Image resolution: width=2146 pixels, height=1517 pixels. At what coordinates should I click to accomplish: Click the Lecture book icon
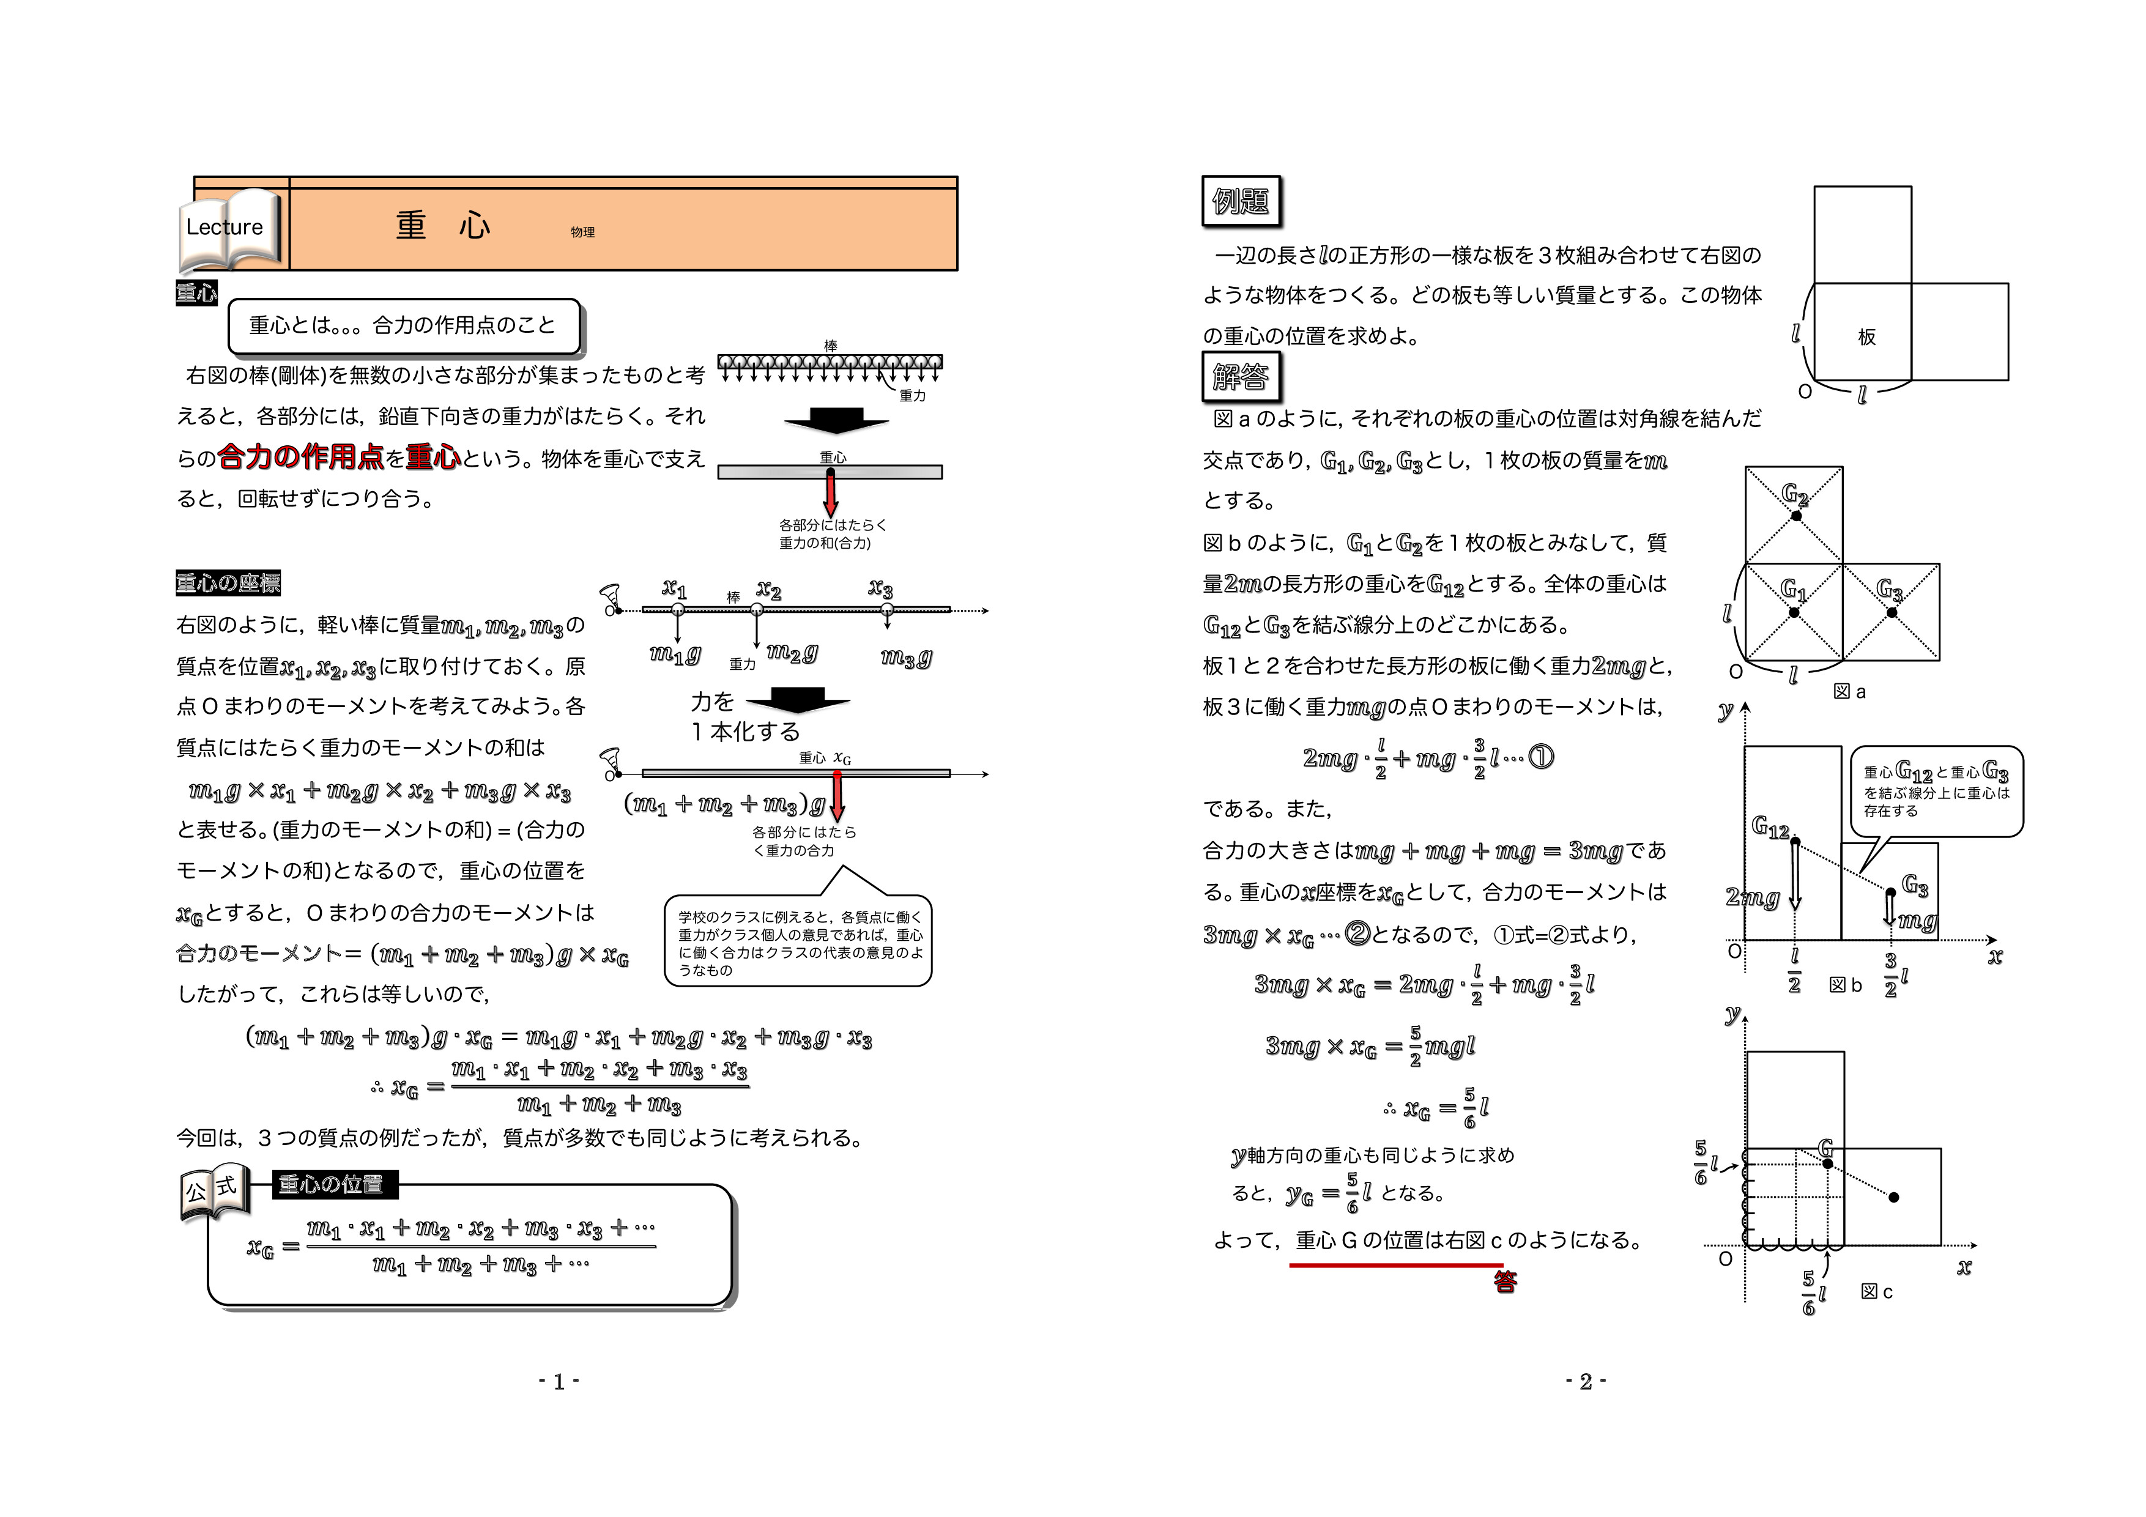[229, 231]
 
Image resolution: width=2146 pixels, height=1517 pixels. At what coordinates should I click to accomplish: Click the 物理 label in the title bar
[582, 232]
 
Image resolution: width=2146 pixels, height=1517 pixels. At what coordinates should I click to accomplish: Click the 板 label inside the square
[1866, 336]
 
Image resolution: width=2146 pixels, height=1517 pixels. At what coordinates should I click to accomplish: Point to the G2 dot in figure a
[1795, 516]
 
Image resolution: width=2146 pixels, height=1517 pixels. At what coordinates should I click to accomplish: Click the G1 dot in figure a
[1794, 613]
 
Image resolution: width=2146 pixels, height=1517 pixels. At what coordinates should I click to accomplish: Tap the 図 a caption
[1849, 692]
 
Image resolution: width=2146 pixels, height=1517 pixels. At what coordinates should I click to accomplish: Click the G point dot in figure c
[1827, 1163]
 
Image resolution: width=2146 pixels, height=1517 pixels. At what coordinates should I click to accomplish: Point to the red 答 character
[1505, 1282]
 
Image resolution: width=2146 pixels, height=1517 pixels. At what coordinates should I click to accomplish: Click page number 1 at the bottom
[559, 1381]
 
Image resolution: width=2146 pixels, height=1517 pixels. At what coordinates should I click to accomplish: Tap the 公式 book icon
[215, 1193]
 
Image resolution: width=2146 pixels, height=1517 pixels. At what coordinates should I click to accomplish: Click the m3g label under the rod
[906, 658]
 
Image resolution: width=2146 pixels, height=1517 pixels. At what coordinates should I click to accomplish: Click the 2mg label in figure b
[1753, 897]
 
